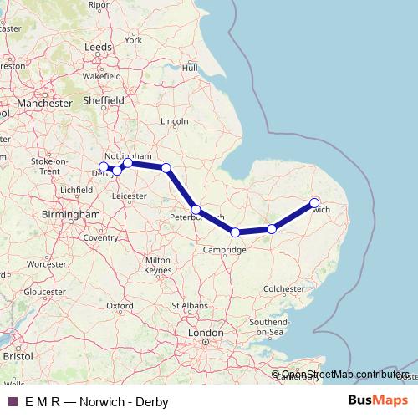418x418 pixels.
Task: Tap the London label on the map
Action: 206,333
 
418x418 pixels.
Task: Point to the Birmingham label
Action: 71,214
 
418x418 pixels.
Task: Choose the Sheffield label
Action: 105,100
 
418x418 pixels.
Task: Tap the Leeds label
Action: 98,48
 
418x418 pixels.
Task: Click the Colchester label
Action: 284,288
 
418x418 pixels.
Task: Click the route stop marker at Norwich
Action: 314,202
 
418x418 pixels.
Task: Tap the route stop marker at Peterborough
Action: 195,209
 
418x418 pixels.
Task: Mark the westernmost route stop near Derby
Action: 103,166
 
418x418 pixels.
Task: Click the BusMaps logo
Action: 383,401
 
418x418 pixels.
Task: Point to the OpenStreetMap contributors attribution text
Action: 344,374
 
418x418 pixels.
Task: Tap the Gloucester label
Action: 43,292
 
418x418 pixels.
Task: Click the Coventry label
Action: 100,237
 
